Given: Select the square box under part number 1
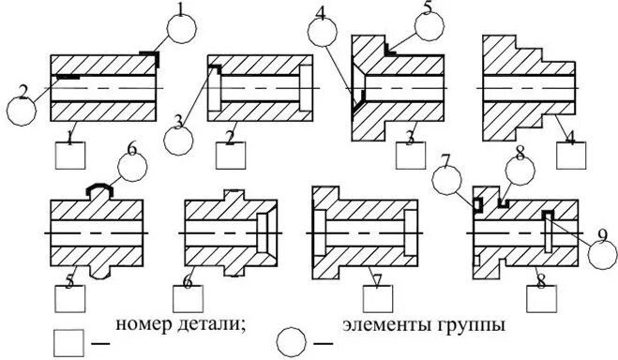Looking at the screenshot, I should tap(70, 154).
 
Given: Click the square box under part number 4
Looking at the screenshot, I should tap(572, 154).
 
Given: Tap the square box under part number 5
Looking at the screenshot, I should tap(70, 301).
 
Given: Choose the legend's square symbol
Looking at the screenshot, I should tap(68, 340).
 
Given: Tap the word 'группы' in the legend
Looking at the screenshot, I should tap(474, 325).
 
